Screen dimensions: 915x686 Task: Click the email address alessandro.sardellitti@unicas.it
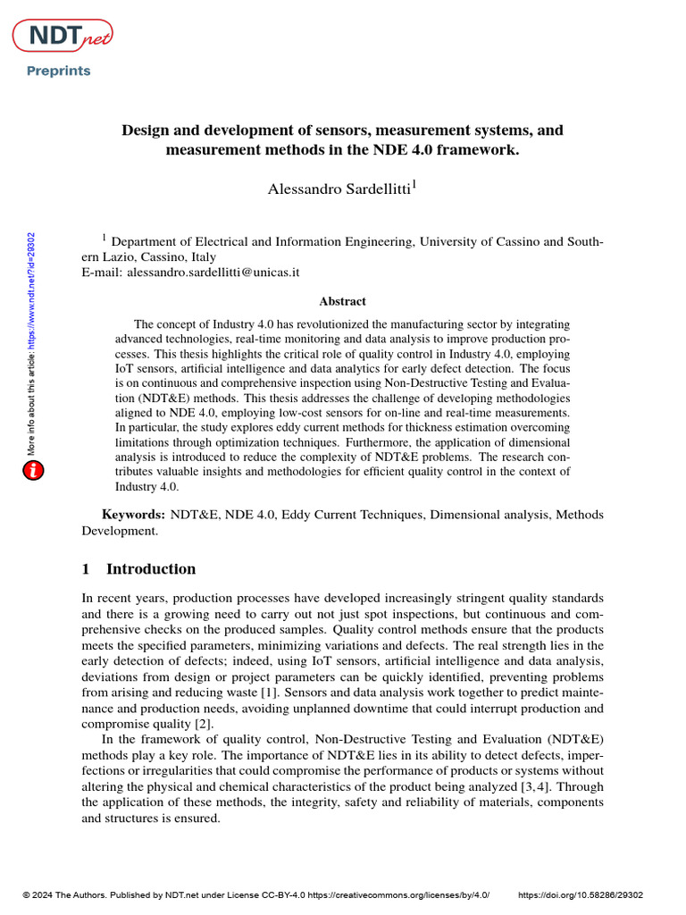tap(213, 271)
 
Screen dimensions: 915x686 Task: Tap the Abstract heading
tap(342, 302)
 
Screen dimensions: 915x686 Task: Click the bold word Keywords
tap(133, 515)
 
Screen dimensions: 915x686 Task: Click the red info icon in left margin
tap(33, 470)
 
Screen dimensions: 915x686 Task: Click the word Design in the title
tap(145, 130)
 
